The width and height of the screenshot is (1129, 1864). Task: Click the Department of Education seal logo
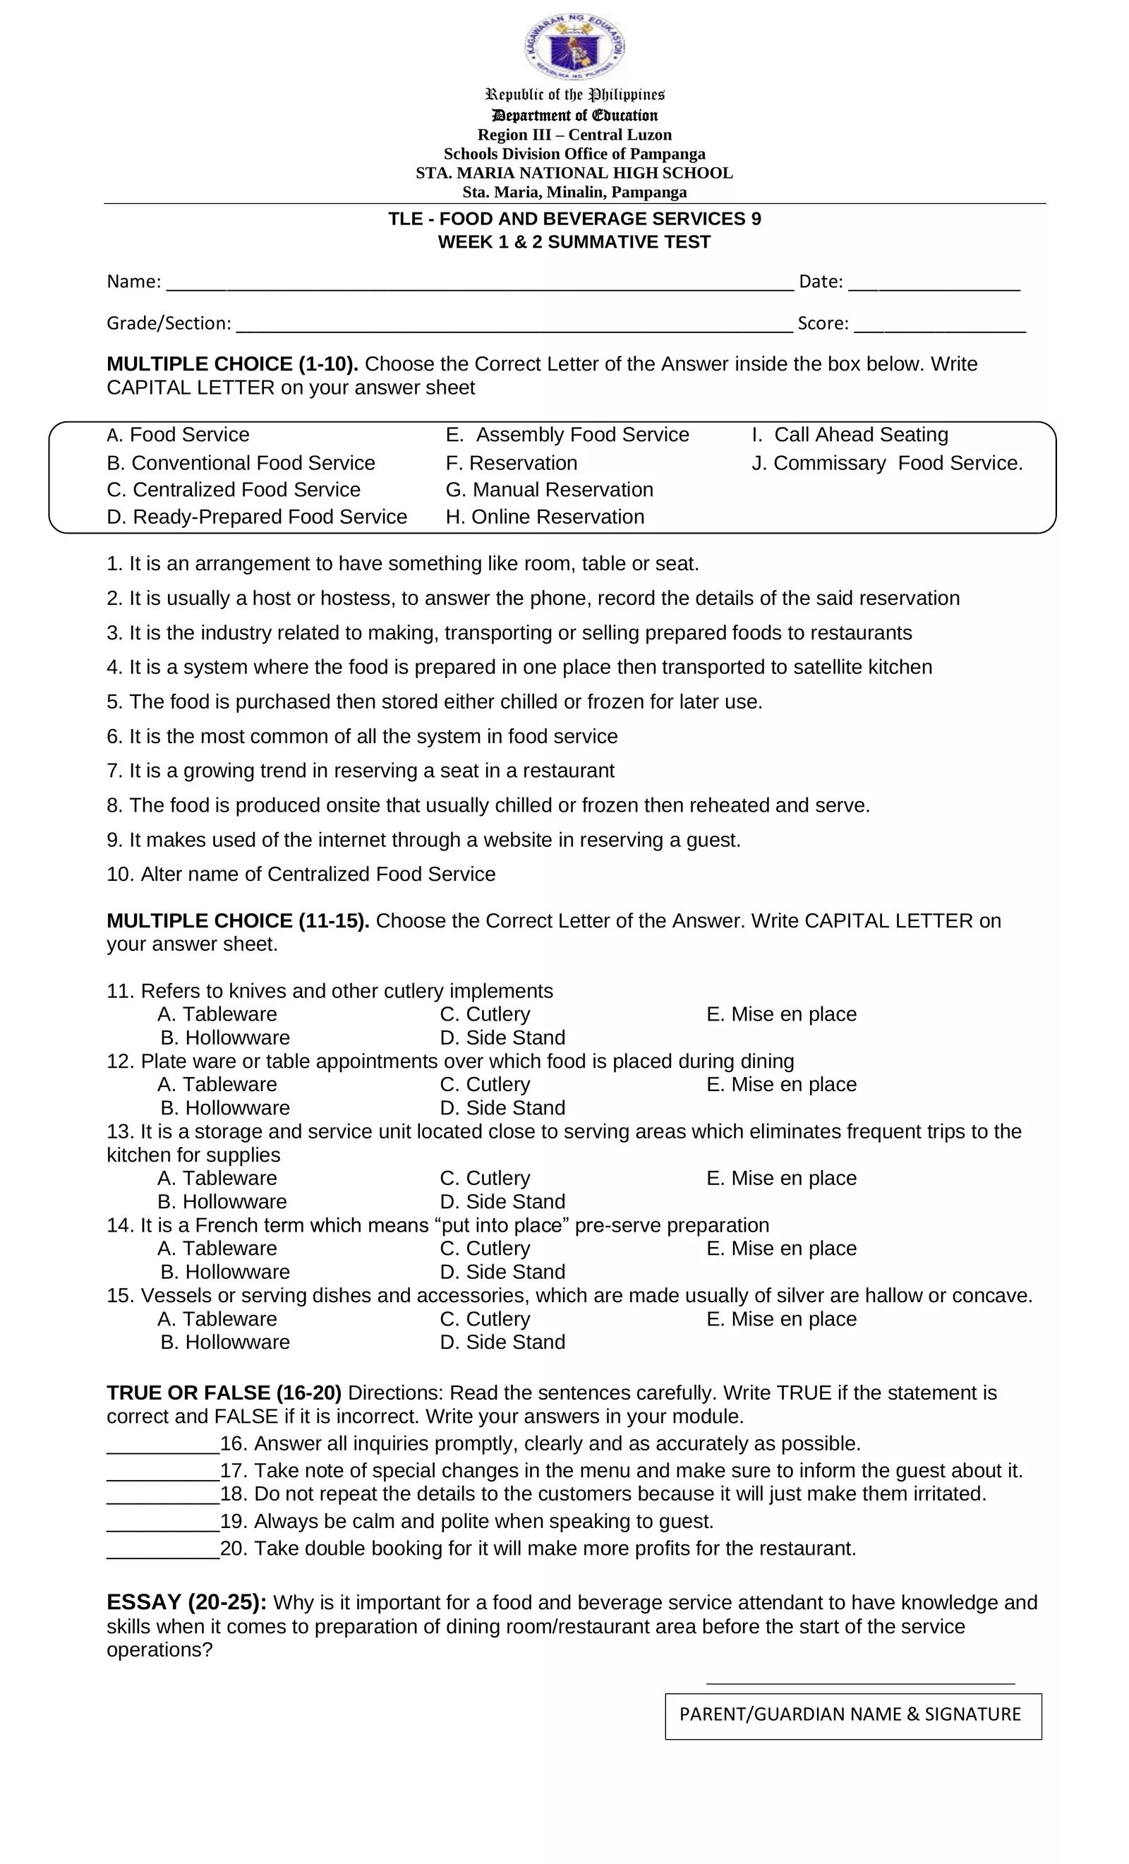click(x=574, y=47)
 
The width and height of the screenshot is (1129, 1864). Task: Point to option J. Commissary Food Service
click(x=886, y=463)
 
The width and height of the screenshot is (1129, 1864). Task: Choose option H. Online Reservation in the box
click(x=545, y=517)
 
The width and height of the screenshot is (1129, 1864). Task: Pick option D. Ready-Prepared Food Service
click(x=256, y=517)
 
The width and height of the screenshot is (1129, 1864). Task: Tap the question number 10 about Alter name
click(x=119, y=874)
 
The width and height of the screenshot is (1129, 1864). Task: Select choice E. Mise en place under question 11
click(x=780, y=1014)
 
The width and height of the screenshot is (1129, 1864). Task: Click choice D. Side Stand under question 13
click(x=502, y=1201)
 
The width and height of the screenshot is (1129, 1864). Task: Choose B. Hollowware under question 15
click(x=224, y=1342)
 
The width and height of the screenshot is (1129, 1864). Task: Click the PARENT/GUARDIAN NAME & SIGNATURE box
click(x=852, y=1716)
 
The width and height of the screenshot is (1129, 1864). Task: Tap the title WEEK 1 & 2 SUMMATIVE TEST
click(x=574, y=242)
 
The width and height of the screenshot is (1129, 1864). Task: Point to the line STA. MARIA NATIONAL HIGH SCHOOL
click(x=574, y=172)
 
